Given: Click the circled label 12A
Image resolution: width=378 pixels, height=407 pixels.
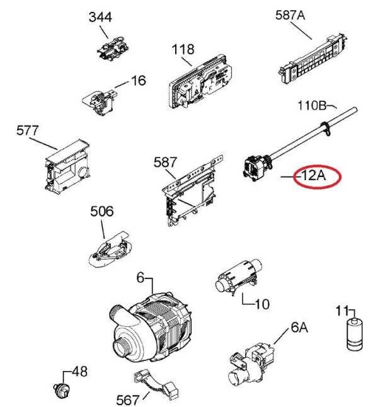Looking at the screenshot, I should (313, 176).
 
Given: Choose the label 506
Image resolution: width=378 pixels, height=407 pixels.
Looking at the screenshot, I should (102, 211).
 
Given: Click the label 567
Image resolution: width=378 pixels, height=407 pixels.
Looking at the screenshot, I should (129, 399).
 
